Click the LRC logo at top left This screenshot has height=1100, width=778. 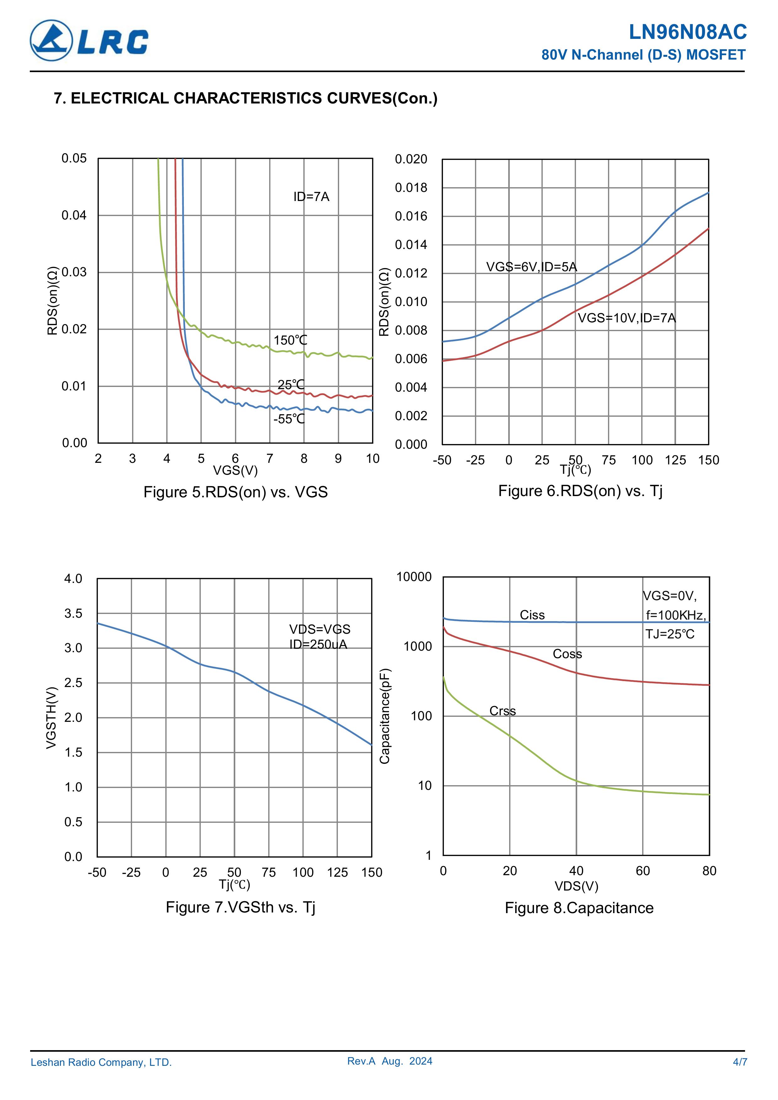(x=89, y=41)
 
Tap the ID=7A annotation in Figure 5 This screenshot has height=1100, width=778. (x=311, y=197)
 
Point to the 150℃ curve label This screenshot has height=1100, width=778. (x=290, y=340)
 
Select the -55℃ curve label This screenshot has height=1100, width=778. (x=289, y=419)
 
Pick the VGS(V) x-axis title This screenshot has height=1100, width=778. (x=235, y=470)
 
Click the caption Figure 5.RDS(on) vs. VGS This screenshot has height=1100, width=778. (x=235, y=492)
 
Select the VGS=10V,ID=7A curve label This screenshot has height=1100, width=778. (x=626, y=318)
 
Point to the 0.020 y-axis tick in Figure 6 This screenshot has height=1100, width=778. (x=411, y=159)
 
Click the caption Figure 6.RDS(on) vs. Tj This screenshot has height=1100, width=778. (x=580, y=491)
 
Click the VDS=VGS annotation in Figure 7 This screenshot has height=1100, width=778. (x=319, y=629)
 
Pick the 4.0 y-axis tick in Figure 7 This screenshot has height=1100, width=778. (x=73, y=579)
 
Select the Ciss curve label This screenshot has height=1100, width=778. (x=532, y=615)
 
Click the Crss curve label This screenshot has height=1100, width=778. (x=502, y=711)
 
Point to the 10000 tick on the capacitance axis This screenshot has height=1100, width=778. (x=414, y=577)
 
